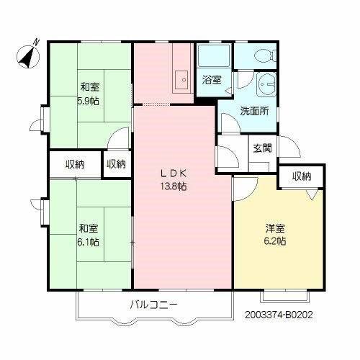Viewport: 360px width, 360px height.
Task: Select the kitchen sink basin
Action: click(x=181, y=80)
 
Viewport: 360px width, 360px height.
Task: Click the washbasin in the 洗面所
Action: click(x=267, y=84)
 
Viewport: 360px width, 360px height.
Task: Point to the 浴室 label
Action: click(x=212, y=80)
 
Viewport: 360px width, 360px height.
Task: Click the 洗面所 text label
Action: click(x=254, y=111)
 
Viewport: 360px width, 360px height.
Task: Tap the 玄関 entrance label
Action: click(x=263, y=148)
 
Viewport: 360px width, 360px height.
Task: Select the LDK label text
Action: click(x=174, y=174)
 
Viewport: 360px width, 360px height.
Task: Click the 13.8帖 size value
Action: click(x=174, y=186)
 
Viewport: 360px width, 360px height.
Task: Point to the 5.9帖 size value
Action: click(x=88, y=101)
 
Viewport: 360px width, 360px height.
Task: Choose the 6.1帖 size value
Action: click(x=88, y=242)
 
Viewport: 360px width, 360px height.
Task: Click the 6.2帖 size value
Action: click(x=275, y=241)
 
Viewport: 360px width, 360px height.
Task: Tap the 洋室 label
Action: click(x=275, y=228)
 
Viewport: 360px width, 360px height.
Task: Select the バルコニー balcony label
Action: click(x=154, y=305)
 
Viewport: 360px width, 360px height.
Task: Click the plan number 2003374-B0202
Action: click(x=279, y=315)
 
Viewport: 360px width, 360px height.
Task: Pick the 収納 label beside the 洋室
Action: click(x=302, y=176)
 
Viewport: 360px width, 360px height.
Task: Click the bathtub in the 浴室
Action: click(x=213, y=56)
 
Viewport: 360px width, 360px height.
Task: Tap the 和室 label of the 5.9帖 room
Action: click(x=89, y=87)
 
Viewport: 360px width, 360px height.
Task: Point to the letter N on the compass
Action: click(x=36, y=42)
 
